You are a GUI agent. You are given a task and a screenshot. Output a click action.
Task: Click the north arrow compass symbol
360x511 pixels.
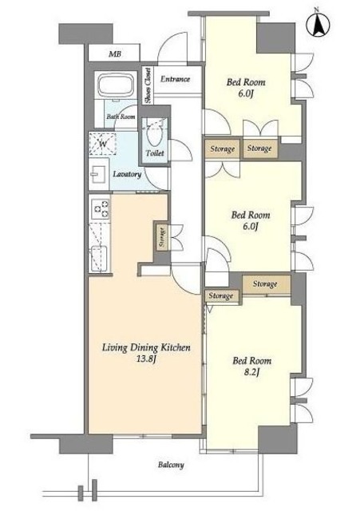pyautogui.click(x=318, y=26)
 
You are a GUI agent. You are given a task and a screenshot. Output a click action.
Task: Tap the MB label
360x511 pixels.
pyautogui.click(x=115, y=53)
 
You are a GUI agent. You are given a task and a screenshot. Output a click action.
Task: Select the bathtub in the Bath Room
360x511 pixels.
pyautogui.click(x=117, y=85)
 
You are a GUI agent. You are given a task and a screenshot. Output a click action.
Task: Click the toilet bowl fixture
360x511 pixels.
pyautogui.click(x=154, y=137)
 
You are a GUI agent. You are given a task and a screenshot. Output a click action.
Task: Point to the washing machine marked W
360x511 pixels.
pyautogui.click(x=103, y=144)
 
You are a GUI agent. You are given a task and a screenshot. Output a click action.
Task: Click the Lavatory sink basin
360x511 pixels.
pyautogui.click(x=98, y=174)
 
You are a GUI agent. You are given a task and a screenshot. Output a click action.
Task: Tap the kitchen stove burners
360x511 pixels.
pyautogui.click(x=101, y=208)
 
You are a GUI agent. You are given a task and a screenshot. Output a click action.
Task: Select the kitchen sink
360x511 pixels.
pyautogui.click(x=99, y=259)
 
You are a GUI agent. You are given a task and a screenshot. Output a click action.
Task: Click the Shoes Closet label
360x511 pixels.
pyautogui.click(x=148, y=85)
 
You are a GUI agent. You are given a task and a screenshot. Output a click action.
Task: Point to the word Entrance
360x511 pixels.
pyautogui.click(x=175, y=79)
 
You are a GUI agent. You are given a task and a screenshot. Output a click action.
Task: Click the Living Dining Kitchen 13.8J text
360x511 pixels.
pyautogui.click(x=146, y=353)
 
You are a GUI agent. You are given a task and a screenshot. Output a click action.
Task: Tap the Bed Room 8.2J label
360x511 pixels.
pyautogui.click(x=251, y=366)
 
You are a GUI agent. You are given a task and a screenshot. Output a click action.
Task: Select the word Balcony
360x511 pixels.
pyautogui.click(x=171, y=465)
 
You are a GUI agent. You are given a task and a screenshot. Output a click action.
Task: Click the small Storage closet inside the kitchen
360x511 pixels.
pyautogui.click(x=162, y=238)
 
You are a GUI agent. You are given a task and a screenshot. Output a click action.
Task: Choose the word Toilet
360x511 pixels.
pyautogui.click(x=155, y=153)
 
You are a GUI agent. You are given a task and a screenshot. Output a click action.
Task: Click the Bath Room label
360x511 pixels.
pyautogui.click(x=121, y=117)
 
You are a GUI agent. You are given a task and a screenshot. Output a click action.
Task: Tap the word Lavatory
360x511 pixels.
pyautogui.click(x=127, y=174)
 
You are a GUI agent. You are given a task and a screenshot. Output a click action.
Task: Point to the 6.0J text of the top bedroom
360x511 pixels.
pyautogui.click(x=246, y=94)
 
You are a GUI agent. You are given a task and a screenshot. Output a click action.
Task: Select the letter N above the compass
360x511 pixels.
pyautogui.click(x=316, y=10)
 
